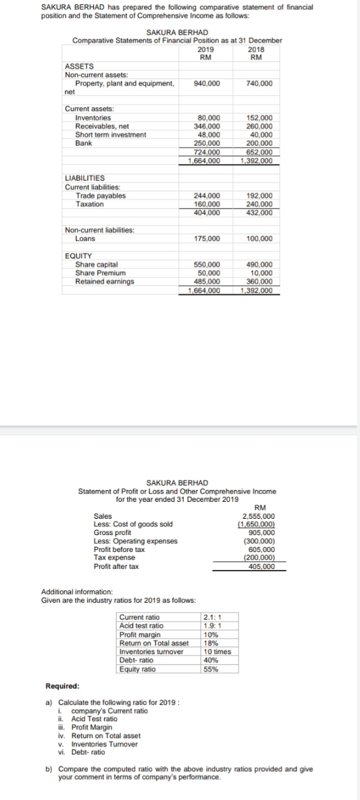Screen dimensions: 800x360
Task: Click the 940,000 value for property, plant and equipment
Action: [x=207, y=83]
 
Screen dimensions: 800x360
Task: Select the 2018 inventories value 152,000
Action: [x=260, y=118]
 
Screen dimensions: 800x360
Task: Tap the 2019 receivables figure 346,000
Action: [x=207, y=126]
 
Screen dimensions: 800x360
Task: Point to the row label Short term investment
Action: [x=110, y=134]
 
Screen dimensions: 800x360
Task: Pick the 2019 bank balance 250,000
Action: [x=207, y=143]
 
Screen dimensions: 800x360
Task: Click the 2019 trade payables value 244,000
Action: [x=207, y=195]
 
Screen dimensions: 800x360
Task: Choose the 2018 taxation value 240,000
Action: [x=260, y=204]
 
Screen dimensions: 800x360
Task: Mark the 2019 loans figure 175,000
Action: [x=207, y=239]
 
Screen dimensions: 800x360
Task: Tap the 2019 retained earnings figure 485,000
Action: [x=207, y=281]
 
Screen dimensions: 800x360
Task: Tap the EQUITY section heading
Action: [x=78, y=256]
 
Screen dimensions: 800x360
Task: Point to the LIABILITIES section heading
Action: [x=85, y=178]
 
